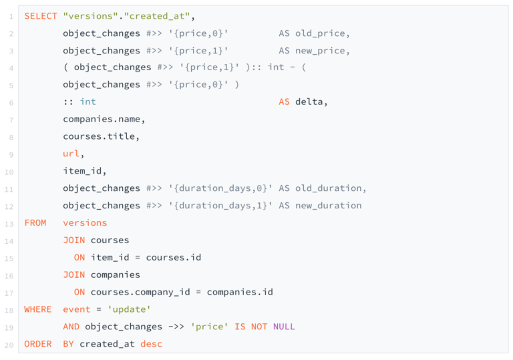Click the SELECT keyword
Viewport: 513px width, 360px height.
click(41, 16)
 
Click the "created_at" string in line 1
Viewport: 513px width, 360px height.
click(157, 16)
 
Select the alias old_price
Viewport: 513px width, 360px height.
click(321, 33)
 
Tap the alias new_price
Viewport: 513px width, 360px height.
click(321, 51)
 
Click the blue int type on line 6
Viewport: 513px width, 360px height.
click(88, 102)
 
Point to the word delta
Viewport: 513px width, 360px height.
click(309, 102)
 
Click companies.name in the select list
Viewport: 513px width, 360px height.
click(102, 119)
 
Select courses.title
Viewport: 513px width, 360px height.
click(99, 136)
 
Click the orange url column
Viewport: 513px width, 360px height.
click(71, 154)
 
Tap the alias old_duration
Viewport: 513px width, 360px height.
click(329, 188)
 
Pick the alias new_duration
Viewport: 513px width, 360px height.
click(329, 206)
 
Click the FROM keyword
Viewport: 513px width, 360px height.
click(35, 223)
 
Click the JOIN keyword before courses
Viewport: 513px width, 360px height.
click(74, 240)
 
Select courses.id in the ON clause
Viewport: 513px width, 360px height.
click(174, 258)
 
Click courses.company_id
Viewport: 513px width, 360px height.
click(140, 292)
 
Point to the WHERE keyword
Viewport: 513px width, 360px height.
click(38, 309)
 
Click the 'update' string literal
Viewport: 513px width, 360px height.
click(129, 309)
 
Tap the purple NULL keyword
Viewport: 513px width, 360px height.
click(284, 327)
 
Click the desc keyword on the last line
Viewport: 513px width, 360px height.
click(151, 344)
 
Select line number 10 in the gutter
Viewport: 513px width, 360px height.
click(9, 172)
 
